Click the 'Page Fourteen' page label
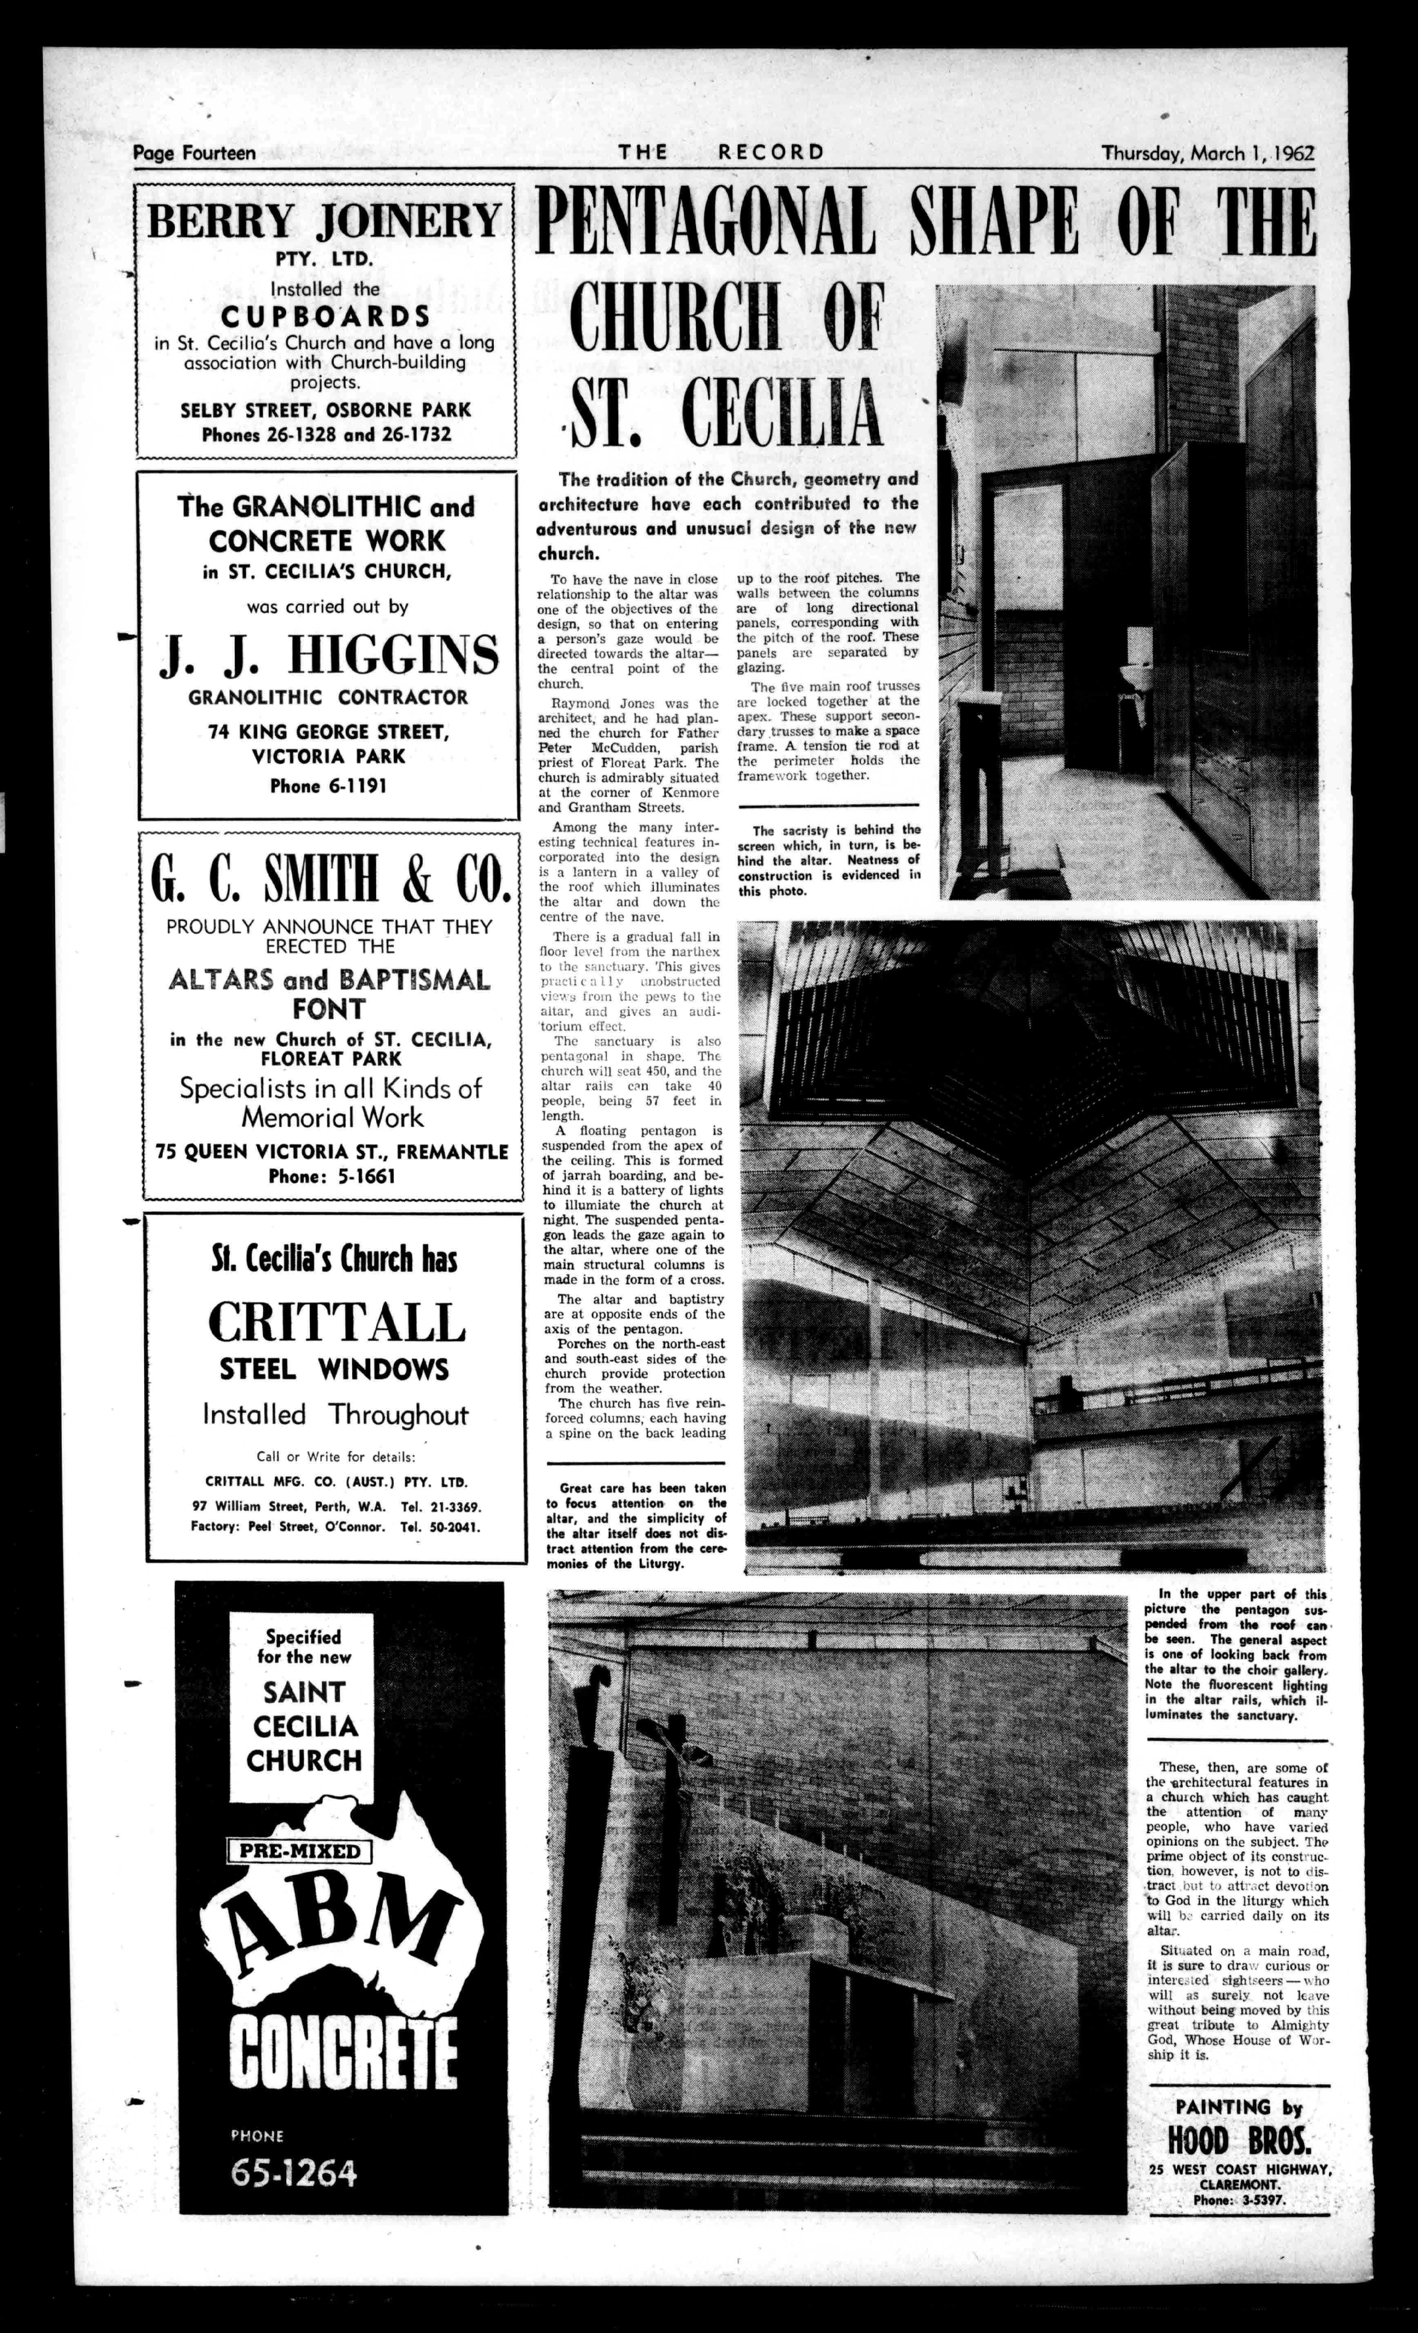[x=194, y=152]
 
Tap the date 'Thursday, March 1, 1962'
[x=1207, y=152]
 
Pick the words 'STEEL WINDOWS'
[x=334, y=1369]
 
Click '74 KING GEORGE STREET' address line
[x=328, y=732]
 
